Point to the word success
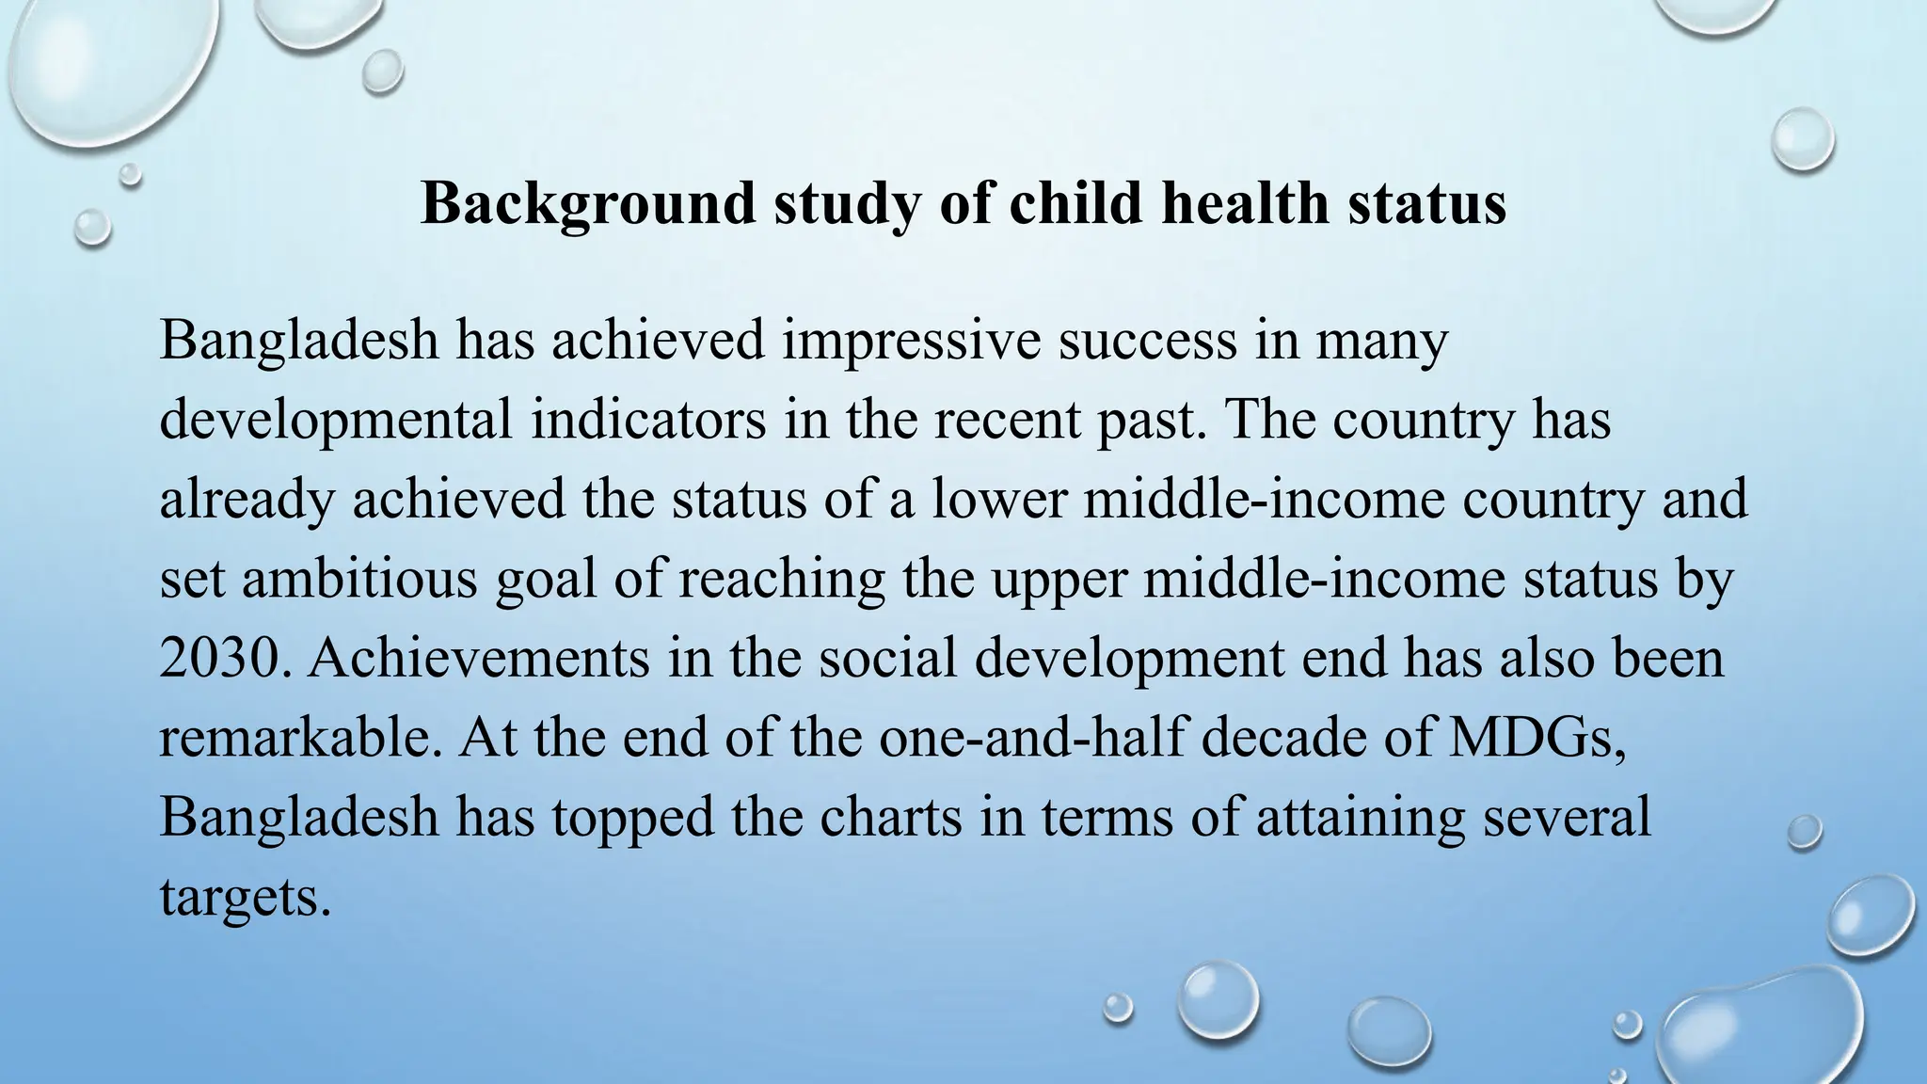click(1147, 341)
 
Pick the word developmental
click(336, 420)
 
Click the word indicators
click(648, 420)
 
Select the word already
click(247, 499)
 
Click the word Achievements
click(478, 657)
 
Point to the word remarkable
click(300, 736)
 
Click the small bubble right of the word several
click(1804, 832)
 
